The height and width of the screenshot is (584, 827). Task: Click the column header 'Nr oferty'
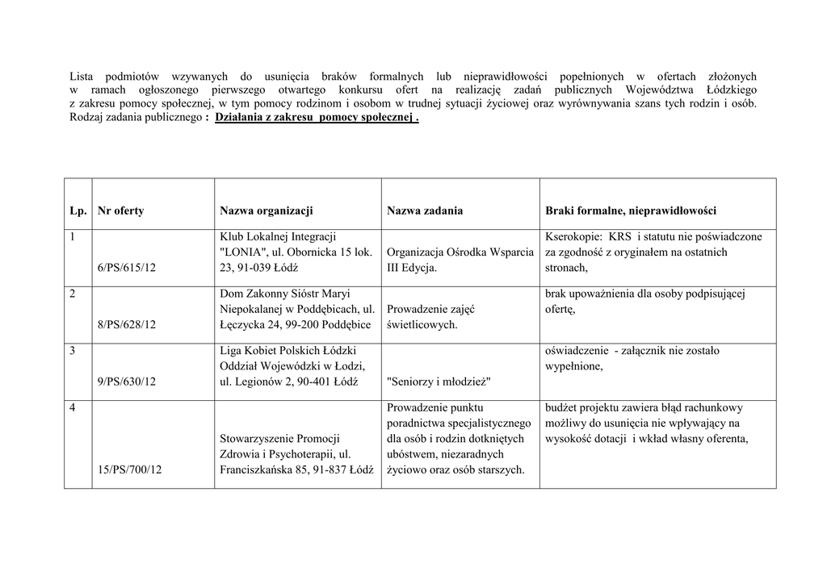click(120, 211)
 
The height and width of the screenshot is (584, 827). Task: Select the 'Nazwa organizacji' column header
click(266, 211)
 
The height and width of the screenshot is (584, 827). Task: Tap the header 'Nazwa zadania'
click(425, 211)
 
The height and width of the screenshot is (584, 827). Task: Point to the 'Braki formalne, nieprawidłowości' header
click(631, 211)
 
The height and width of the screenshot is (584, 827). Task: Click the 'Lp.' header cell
click(78, 211)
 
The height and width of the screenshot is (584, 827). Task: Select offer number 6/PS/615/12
click(126, 268)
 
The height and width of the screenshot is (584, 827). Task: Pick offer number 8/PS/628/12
click(126, 324)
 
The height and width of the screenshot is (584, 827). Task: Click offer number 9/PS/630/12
click(126, 381)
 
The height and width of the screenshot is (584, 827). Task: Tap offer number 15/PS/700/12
click(129, 469)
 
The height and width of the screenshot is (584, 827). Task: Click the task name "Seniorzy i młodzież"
click(439, 381)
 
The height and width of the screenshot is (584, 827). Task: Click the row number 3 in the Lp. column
click(73, 350)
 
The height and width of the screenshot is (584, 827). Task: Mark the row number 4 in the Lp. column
click(73, 407)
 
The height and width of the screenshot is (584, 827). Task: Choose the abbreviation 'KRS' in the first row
click(619, 236)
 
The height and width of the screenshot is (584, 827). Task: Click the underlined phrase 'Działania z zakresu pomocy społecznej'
click(313, 117)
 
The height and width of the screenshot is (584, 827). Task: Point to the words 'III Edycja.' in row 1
click(412, 268)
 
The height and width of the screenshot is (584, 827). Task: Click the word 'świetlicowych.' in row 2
click(422, 324)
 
